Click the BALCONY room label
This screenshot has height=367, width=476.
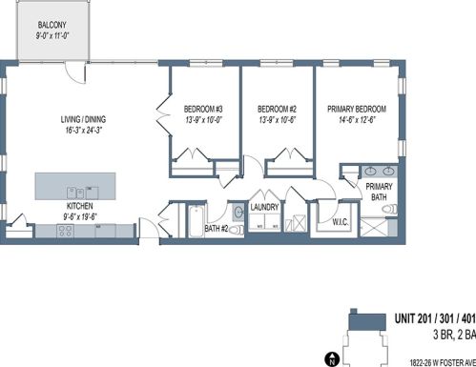52,25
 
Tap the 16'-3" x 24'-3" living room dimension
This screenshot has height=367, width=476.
83,130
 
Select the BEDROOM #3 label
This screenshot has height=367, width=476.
203,110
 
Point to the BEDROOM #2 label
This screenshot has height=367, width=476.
277,110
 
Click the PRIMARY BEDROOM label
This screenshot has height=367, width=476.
357,109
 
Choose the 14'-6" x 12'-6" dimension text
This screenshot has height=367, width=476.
357,120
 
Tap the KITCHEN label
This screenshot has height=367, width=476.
80,206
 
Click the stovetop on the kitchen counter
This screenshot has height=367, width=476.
66,231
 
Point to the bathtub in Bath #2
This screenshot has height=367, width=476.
196,221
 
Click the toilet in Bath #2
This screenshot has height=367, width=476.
237,230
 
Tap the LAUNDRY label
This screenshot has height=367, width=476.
264,207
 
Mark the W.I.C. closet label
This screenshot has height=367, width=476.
341,222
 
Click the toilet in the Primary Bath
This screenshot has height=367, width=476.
389,209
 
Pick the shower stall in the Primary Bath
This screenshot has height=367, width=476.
373,227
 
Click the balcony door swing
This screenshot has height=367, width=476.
75,72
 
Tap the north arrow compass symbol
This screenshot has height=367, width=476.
332,359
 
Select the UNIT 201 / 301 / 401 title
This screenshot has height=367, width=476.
435,318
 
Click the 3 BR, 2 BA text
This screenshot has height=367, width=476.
454,335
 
